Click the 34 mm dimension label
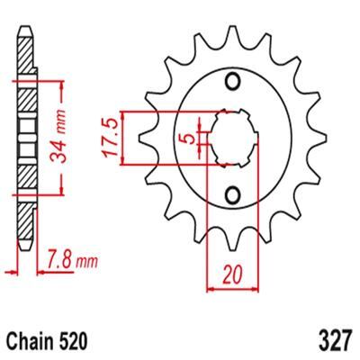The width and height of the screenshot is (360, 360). coord(58,137)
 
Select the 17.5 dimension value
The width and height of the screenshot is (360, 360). coord(110,138)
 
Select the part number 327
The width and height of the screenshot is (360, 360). coord(335,341)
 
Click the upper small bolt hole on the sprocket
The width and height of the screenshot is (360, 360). coord(232,82)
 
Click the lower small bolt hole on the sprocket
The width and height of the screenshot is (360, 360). coord(232,195)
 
